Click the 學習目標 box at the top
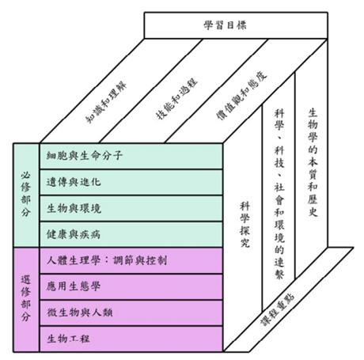point(236,25)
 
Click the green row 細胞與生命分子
point(131,156)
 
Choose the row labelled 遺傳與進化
point(131,182)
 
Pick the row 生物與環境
point(131,208)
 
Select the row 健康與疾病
point(131,234)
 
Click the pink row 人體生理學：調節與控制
point(131,260)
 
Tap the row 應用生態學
point(131,286)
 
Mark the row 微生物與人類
point(131,313)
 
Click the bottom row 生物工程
point(131,339)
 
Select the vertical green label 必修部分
point(25,195)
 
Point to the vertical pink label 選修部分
point(25,298)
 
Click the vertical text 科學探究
point(245,225)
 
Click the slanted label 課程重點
point(277,309)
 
